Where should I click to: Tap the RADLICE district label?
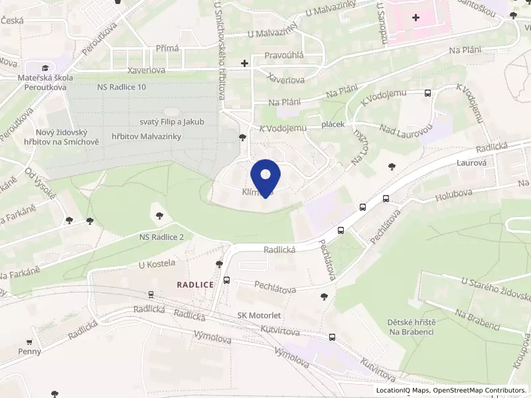195,284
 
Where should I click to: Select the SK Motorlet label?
256,316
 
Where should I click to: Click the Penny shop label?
29,351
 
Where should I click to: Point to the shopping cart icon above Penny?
29,341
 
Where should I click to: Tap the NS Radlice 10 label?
121,87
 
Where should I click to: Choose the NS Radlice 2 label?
157,237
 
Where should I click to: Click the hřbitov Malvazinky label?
147,136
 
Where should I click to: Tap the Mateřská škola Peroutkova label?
44,82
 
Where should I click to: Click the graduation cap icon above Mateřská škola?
45,68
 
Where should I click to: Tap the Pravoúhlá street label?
284,55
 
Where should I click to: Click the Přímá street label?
167,48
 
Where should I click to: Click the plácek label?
332,125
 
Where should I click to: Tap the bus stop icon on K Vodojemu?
427,94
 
